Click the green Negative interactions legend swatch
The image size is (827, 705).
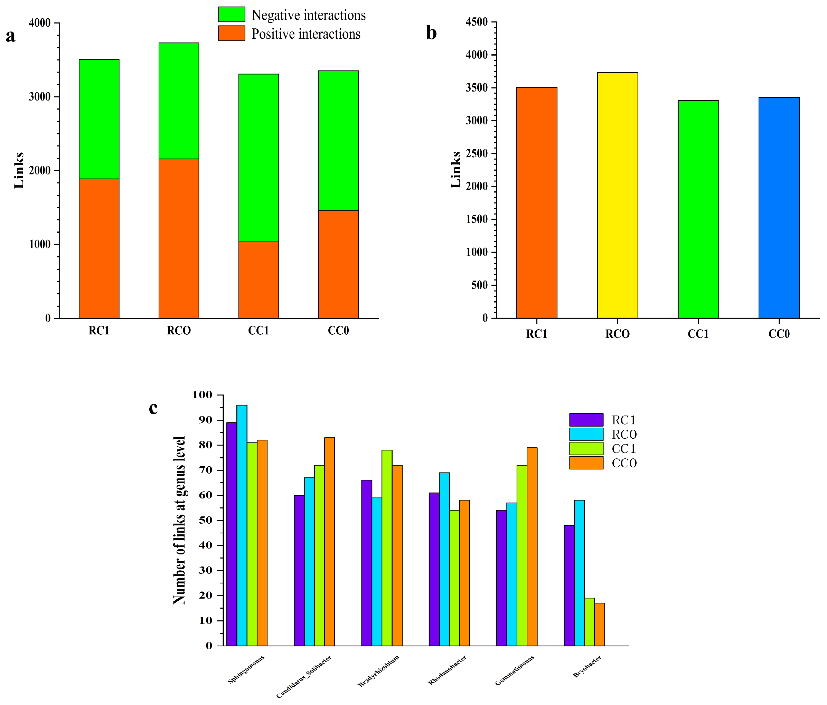point(232,15)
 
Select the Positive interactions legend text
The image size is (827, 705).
point(306,34)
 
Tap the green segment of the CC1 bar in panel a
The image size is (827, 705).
point(259,158)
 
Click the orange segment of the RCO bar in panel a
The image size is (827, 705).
point(179,238)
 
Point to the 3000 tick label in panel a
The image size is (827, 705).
point(40,97)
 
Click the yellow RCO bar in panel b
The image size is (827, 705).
point(618,195)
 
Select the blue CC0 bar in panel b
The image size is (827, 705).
point(779,208)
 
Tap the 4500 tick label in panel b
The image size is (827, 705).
point(477,22)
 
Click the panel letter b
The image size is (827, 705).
point(431,33)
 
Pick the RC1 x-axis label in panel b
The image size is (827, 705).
point(536,334)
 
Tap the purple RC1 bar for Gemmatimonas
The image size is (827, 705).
point(502,578)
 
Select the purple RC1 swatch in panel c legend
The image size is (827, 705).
point(586,420)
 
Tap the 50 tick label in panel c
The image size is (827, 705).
point(206,520)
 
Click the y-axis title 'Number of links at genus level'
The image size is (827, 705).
point(179,520)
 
